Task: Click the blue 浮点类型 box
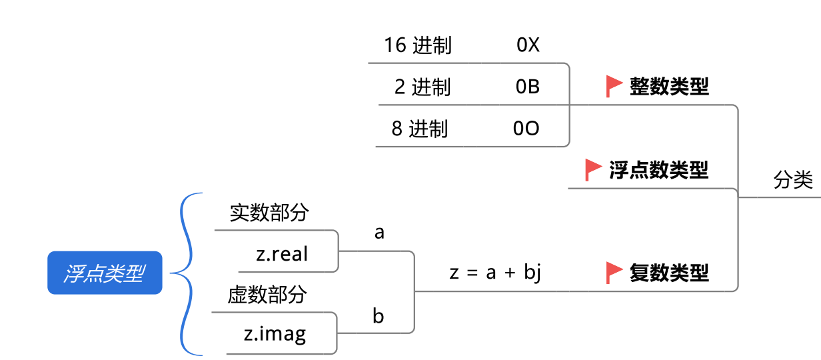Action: [x=105, y=273]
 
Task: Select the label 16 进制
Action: [x=417, y=45]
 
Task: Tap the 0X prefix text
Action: [x=528, y=45]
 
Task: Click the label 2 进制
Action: [x=422, y=87]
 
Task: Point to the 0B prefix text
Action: [x=528, y=87]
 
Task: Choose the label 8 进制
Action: [x=419, y=129]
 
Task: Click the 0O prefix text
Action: [x=526, y=129]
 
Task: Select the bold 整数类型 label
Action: [x=669, y=87]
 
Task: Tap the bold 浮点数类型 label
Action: [x=658, y=170]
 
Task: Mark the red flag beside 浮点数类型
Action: [x=592, y=169]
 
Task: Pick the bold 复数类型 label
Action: [x=669, y=273]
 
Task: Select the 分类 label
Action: [x=793, y=181]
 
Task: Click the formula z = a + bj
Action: [x=494, y=273]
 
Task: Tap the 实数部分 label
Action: [x=269, y=213]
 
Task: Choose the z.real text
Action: [x=282, y=254]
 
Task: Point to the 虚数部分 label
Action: [x=267, y=295]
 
